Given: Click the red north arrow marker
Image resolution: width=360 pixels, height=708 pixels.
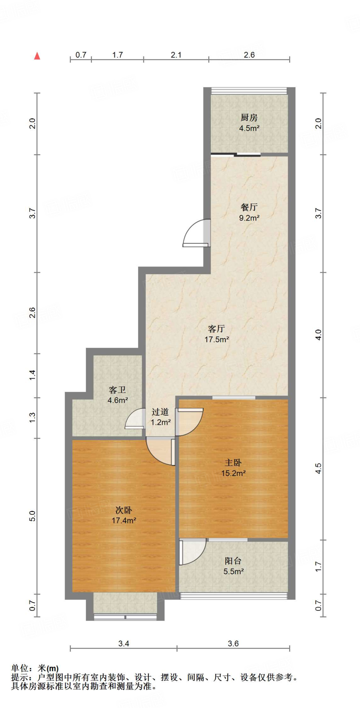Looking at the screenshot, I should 37,56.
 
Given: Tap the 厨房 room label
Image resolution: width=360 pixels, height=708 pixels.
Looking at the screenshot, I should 249,118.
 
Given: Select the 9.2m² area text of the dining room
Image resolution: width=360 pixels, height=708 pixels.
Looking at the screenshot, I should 249,218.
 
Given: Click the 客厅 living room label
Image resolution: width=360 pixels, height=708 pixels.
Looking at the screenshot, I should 216,328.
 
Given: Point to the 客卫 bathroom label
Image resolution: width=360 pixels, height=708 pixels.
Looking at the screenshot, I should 117,390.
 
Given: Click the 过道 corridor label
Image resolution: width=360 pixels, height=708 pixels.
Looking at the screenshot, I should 160,412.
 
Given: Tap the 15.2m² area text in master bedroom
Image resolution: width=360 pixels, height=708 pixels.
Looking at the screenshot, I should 234,473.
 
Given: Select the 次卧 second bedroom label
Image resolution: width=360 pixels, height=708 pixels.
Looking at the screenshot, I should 124,510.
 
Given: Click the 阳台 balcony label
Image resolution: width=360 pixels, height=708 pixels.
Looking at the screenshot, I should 233,561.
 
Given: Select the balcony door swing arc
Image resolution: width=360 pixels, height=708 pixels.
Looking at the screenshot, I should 192,552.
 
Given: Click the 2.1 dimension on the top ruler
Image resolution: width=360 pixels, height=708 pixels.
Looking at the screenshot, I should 176,55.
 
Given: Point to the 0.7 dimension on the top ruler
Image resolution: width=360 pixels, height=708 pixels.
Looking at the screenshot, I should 81,55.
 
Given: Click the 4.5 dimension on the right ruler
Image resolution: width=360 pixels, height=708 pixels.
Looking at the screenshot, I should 318,468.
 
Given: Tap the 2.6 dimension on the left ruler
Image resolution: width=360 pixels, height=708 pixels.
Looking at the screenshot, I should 32,313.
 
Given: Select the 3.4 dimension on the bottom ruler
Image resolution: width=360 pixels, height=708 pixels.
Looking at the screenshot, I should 124,643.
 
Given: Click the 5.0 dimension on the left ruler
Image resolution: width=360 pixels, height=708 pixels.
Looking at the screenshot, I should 32,516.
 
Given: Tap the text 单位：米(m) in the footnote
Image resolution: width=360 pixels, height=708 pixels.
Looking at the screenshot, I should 35,669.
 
